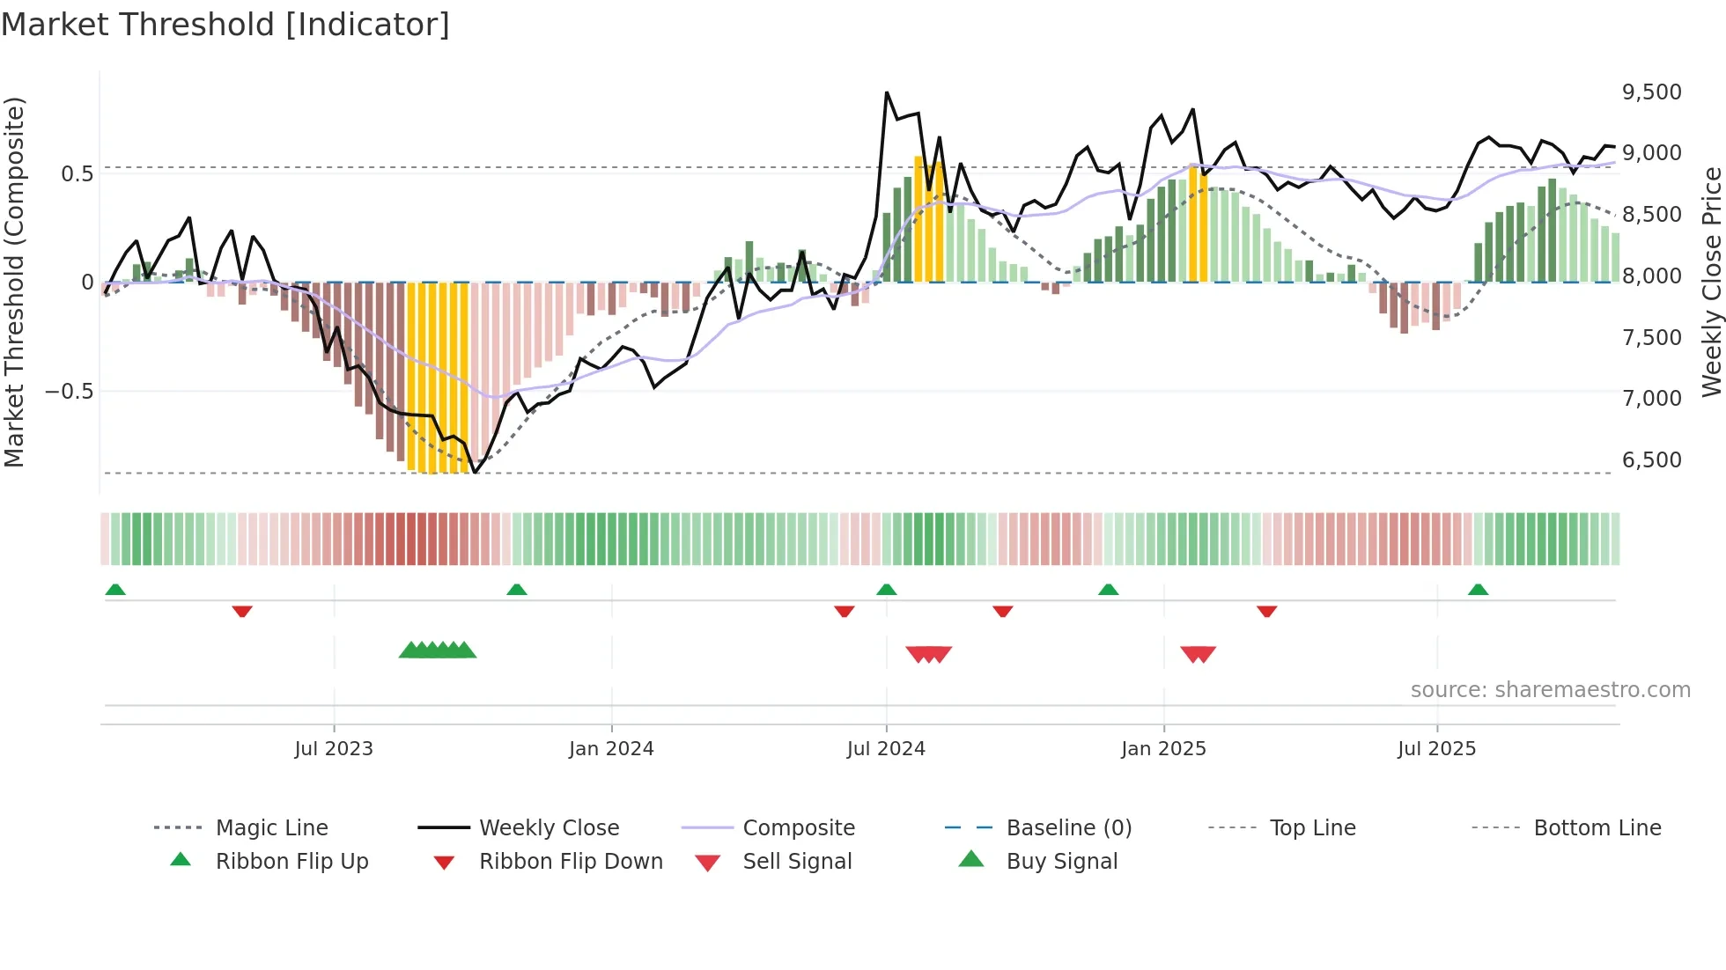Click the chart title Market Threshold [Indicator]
coord(225,25)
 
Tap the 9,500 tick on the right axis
coord(1651,92)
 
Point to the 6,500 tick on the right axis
coord(1651,460)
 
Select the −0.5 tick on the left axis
coord(69,392)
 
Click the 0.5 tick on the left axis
coord(77,174)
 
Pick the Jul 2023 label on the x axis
coord(334,749)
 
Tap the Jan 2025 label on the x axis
coord(1163,749)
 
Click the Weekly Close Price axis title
coord(1711,282)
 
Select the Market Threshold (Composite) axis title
coord(14,282)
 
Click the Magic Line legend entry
coord(271,828)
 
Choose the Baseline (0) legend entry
coord(1068,828)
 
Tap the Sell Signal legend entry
coord(797,862)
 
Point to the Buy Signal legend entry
coord(1061,862)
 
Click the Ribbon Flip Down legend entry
coord(571,862)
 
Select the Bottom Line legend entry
coord(1597,828)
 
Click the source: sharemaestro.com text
coord(1550,690)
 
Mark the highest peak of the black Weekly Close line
coord(887,92)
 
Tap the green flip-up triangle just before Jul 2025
coord(1478,590)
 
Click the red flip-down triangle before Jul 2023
coord(242,611)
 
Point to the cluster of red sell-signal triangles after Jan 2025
coord(1198,654)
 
